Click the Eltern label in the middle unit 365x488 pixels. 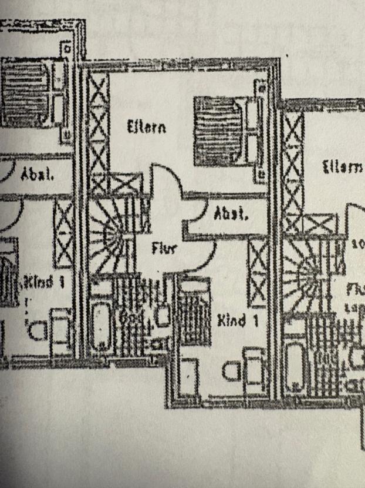click(x=146, y=127)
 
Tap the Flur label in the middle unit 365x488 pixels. click(x=164, y=249)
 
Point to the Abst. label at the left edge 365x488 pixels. click(x=37, y=175)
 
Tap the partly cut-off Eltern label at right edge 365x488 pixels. click(x=342, y=167)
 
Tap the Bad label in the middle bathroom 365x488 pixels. click(x=129, y=317)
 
